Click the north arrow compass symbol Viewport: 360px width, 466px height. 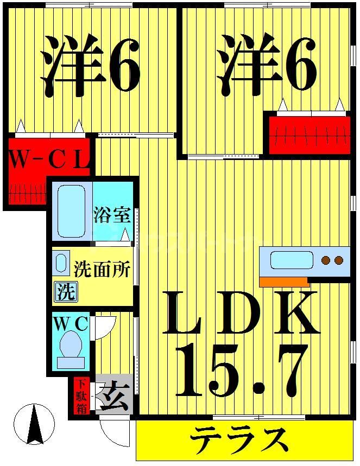pyautogui.click(x=35, y=424)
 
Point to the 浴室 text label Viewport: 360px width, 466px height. pyautogui.click(x=112, y=215)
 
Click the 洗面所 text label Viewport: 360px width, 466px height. pyautogui.click(x=102, y=269)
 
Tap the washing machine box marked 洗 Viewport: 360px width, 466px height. pyautogui.click(x=65, y=292)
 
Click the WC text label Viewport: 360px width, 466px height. pyautogui.click(x=71, y=324)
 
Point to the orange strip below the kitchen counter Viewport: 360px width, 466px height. pyautogui.click(x=284, y=282)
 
